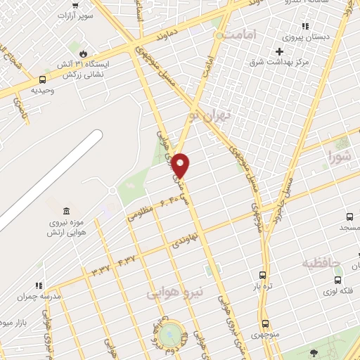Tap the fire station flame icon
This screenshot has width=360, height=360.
point(83,53)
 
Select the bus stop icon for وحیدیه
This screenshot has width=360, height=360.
point(43,79)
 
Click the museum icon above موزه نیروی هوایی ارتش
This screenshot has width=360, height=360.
point(66,211)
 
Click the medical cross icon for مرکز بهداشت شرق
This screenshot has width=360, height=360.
point(279,51)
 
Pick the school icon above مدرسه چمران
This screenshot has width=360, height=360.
point(39,285)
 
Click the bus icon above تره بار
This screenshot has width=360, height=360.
point(263,276)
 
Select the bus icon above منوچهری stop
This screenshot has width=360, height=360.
point(265,323)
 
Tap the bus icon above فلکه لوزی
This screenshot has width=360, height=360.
point(337,280)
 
